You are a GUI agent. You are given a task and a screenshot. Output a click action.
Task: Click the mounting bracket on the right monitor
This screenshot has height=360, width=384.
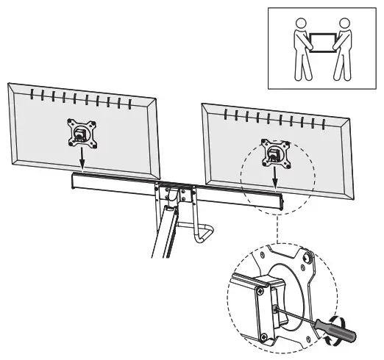point(274,151)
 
